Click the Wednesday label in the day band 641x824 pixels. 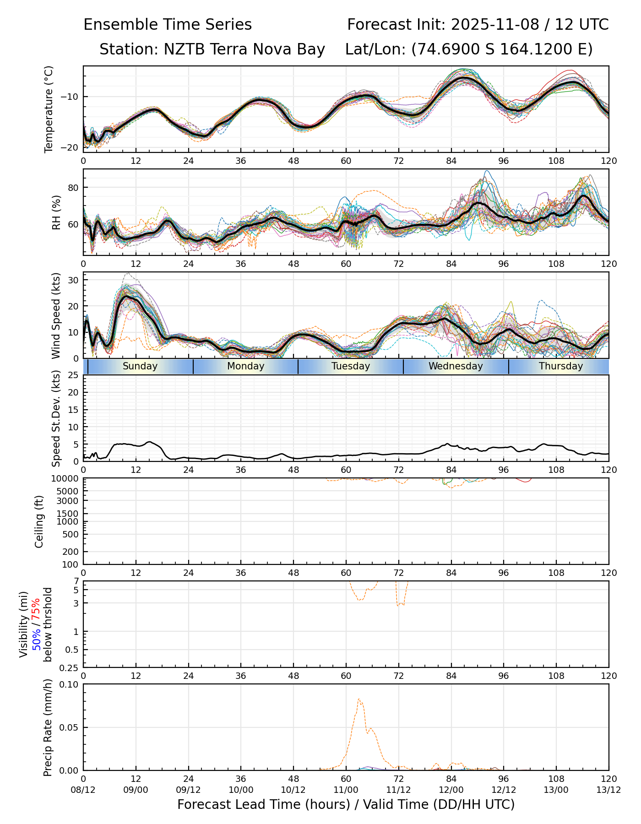pyautogui.click(x=456, y=366)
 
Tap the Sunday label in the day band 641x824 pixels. pyautogui.click(x=140, y=366)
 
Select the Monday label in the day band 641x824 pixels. pyautogui.click(x=246, y=366)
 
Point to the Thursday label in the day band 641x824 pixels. pyautogui.click(x=561, y=366)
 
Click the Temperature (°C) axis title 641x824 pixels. pyautogui.click(x=49, y=109)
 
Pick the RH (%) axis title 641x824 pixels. pyautogui.click(x=56, y=212)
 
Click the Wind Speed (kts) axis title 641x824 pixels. pyautogui.click(x=56, y=315)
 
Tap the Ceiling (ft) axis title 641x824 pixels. pyautogui.click(x=39, y=521)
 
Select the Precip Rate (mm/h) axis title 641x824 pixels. pyautogui.click(x=48, y=727)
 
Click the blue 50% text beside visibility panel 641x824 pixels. pyautogui.click(x=37, y=639)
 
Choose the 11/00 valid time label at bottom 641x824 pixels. pyautogui.click(x=346, y=790)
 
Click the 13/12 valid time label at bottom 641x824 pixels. pyautogui.click(x=609, y=790)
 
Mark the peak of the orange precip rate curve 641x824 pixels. pyautogui.click(x=359, y=699)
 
